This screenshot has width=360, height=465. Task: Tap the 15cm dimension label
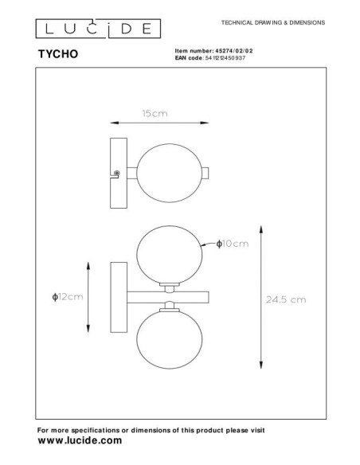[153, 114]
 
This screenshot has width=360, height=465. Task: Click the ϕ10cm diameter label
[233, 243]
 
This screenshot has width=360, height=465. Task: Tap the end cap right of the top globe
[205, 173]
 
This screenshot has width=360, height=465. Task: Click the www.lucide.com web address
[80, 440]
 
